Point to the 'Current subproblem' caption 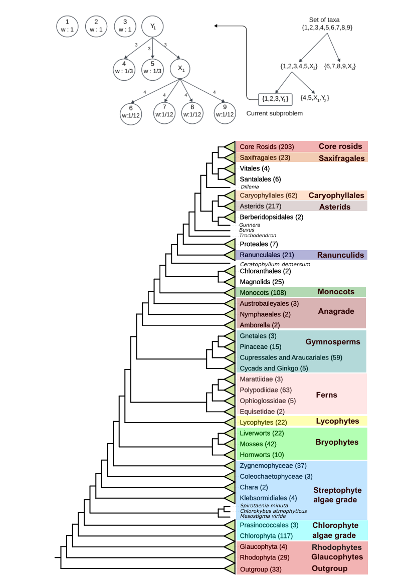point(275,114)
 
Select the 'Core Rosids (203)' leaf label point(267,147)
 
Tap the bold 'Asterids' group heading point(335,207)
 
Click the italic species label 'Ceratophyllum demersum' point(275,264)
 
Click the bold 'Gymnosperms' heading point(333,342)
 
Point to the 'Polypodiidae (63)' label point(265,390)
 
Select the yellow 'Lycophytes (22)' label point(263,422)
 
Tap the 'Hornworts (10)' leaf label point(262,455)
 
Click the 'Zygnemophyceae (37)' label point(273,466)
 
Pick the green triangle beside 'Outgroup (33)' point(230,569)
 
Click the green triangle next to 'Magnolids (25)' point(230,281)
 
